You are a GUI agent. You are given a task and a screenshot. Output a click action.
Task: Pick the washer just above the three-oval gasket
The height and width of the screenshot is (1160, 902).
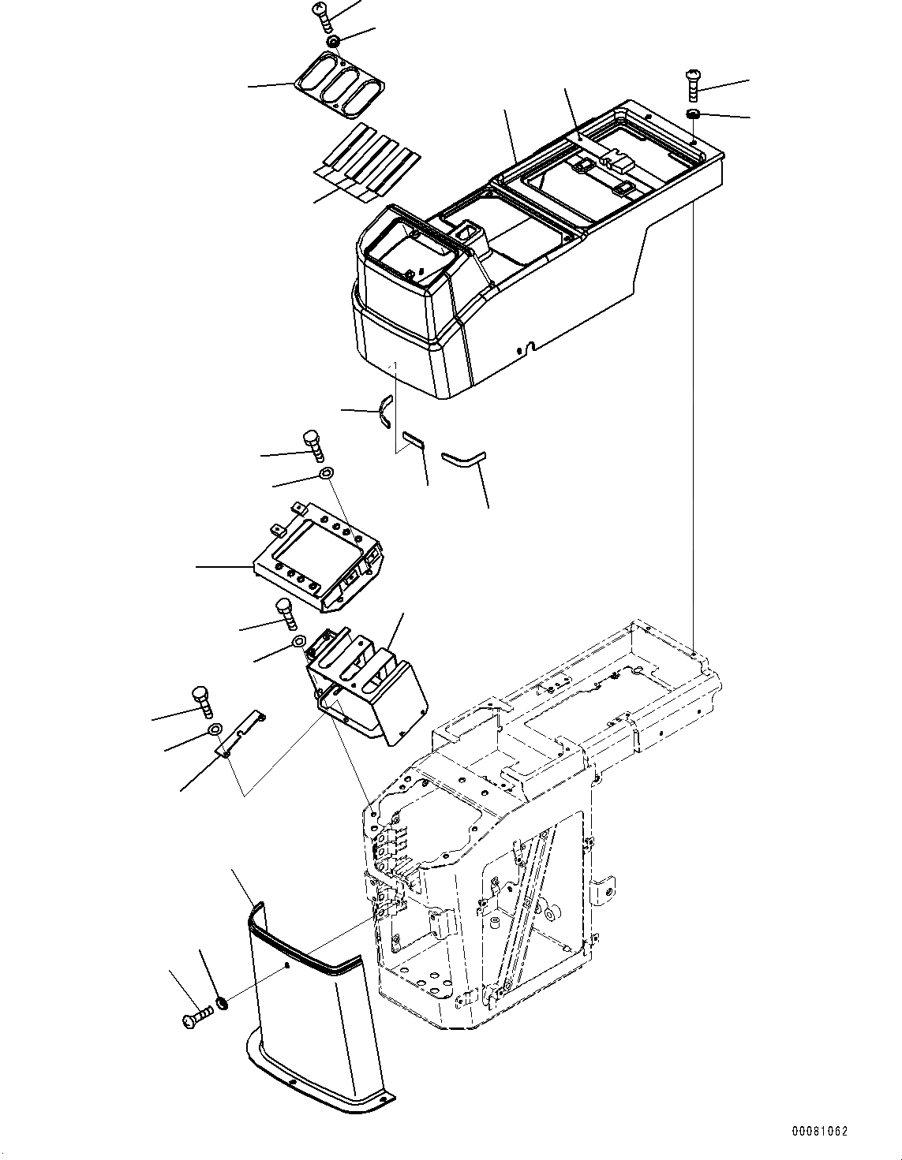(x=333, y=40)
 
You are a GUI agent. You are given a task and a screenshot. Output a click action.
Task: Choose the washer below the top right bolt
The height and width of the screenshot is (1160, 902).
(x=693, y=116)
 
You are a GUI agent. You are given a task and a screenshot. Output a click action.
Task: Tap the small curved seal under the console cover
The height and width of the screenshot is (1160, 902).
(x=384, y=412)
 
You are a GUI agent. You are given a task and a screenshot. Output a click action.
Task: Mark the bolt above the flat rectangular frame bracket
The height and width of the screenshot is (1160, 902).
(x=313, y=445)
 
